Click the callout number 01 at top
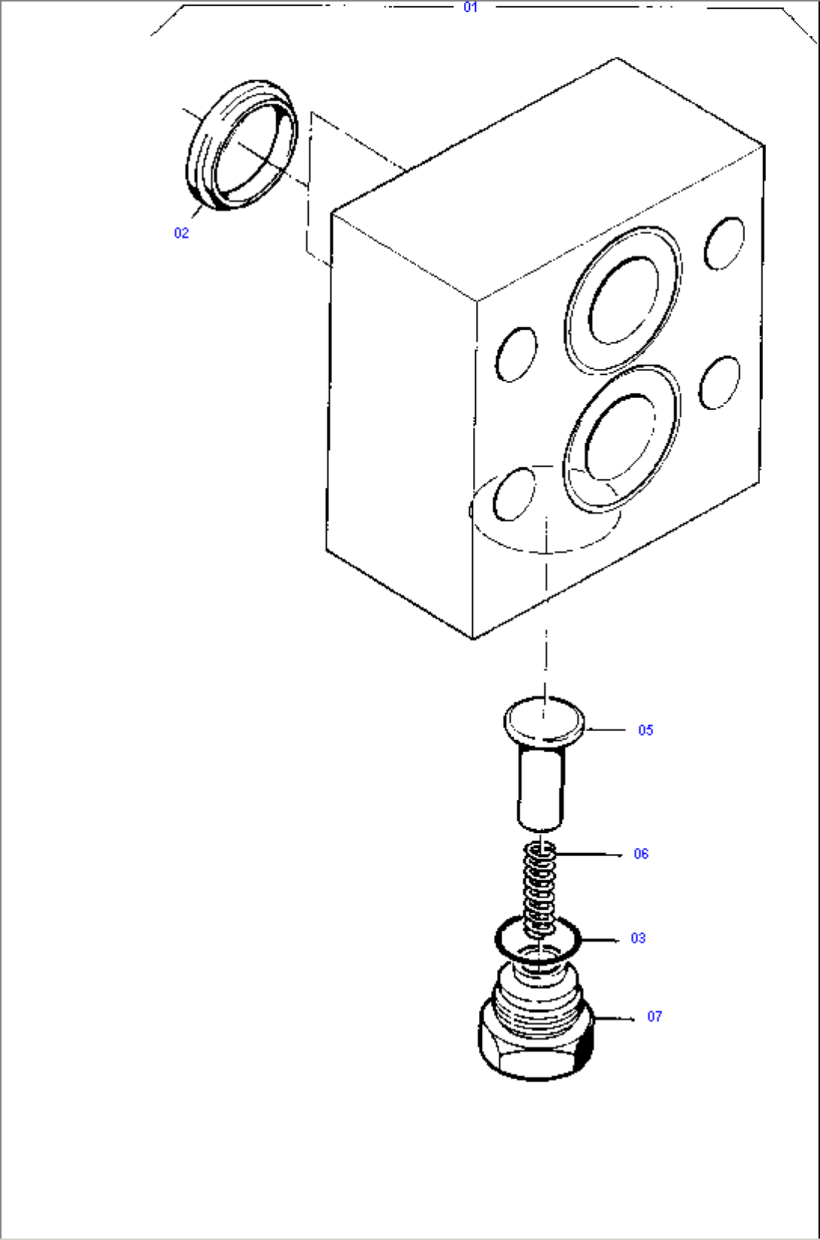pos(470,8)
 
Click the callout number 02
pos(181,233)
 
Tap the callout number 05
pos(645,730)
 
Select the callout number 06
pos(641,853)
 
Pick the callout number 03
pos(638,938)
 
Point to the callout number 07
pos(654,1017)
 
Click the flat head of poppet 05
pos(543,720)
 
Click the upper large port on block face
pos(623,299)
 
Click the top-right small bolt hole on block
pos(724,243)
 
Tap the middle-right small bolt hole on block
pos(719,382)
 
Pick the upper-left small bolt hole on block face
pos(517,353)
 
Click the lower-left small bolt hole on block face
pos(515,494)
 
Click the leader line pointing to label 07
pos(615,1018)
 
